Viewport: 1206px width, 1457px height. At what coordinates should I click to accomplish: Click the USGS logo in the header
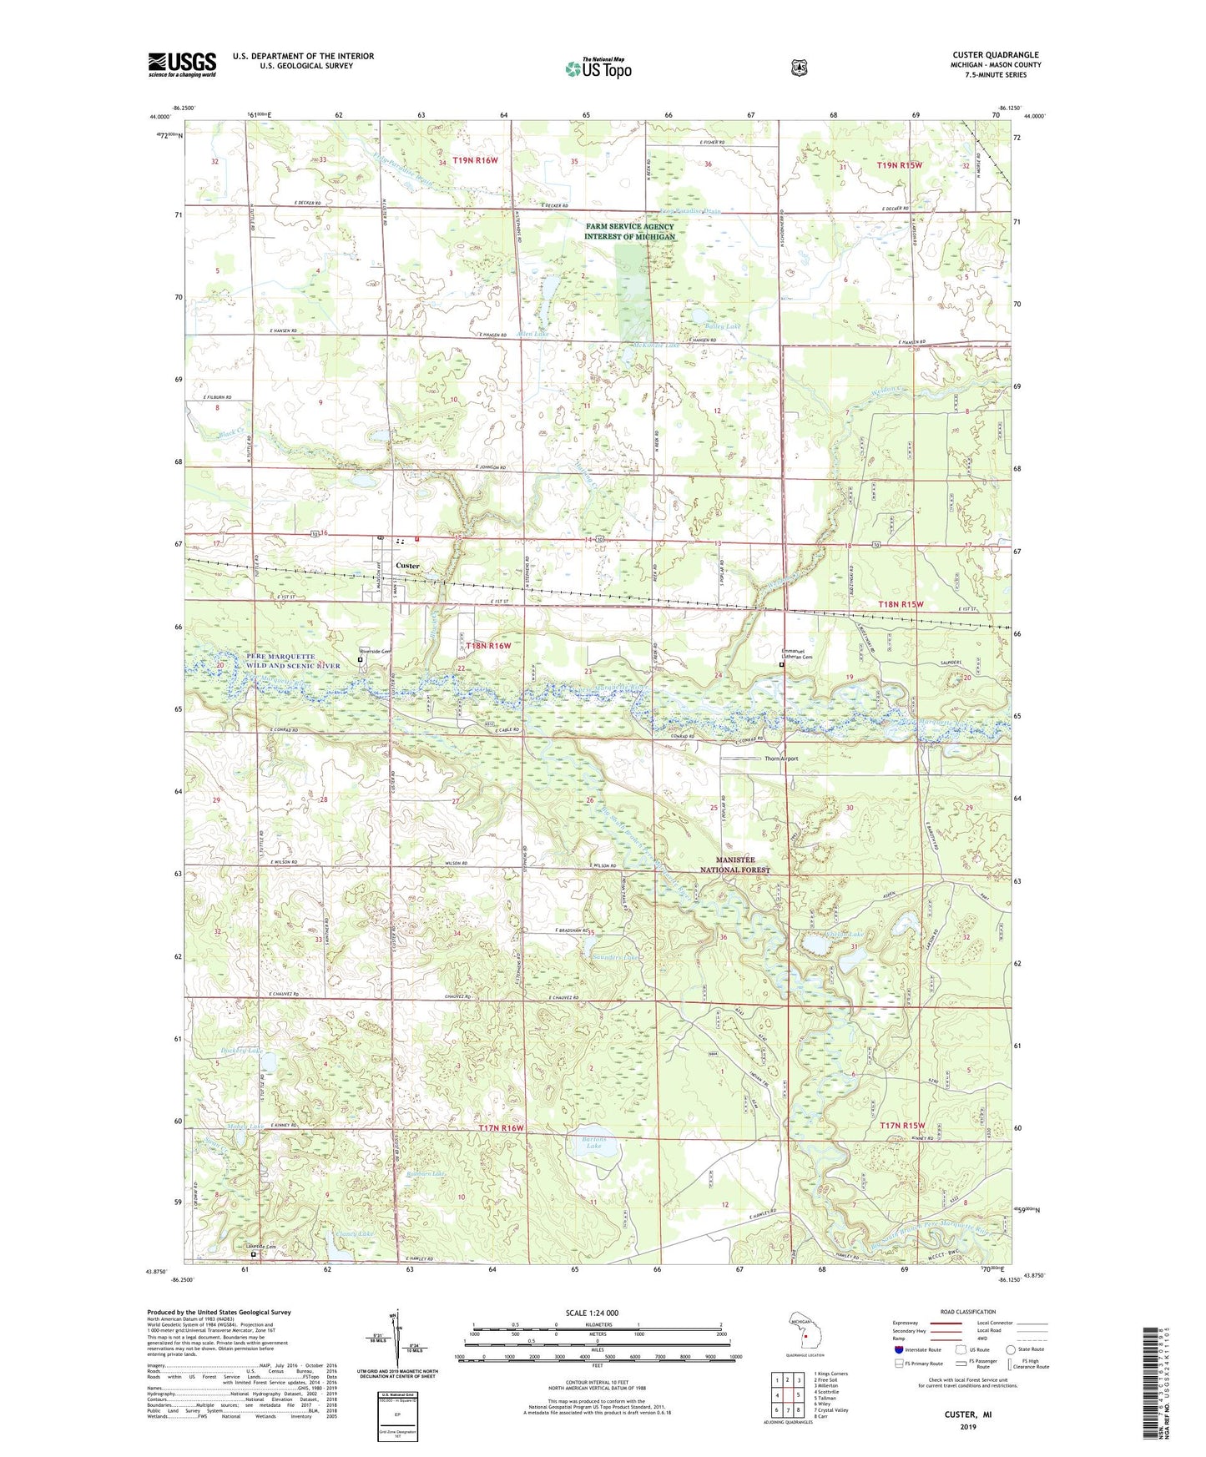click(182, 64)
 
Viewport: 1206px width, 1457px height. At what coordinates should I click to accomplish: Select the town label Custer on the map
click(407, 566)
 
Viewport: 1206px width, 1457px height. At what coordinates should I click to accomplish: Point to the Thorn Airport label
click(781, 759)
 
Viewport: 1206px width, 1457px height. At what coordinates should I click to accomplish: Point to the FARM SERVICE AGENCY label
click(629, 226)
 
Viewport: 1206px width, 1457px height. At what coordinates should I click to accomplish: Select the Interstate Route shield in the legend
click(898, 1349)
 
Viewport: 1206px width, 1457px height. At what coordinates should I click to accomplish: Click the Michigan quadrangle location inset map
click(802, 1333)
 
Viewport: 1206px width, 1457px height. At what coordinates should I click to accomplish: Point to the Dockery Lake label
click(241, 1051)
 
